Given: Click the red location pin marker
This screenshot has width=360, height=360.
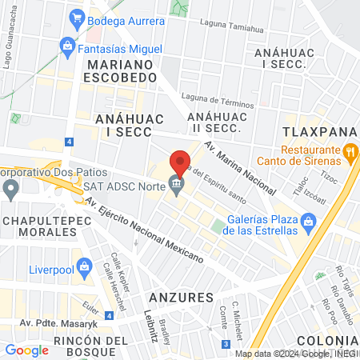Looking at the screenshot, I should [x=181, y=162].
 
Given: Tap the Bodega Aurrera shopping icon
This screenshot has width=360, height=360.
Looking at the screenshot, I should [x=77, y=16].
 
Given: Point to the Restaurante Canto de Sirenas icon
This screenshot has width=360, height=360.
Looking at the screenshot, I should [x=350, y=151].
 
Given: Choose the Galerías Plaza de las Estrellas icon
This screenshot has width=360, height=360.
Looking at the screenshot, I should [x=309, y=220].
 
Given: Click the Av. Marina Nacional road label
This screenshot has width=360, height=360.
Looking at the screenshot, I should [x=239, y=168].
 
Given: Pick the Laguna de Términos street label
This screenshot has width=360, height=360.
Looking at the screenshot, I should [x=217, y=100].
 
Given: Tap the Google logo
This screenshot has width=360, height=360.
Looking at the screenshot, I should [x=26, y=350].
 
